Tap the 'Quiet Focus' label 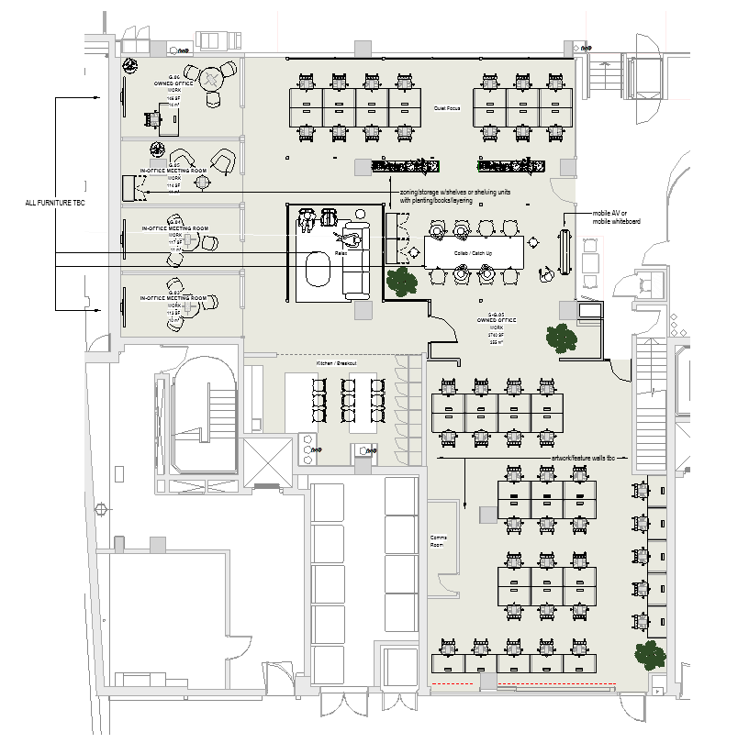tap(446, 108)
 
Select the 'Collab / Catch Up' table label tap(473, 252)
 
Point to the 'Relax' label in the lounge tap(340, 252)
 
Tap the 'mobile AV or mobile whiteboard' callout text tap(617, 217)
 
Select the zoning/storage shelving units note tap(453, 196)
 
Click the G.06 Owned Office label tap(173, 83)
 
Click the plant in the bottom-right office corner tap(648, 654)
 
